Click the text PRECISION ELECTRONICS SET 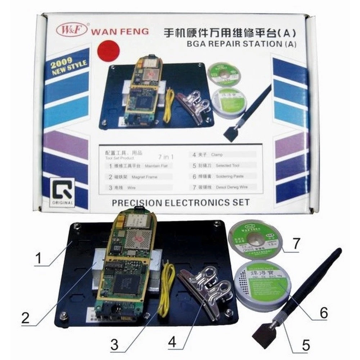click(180, 202)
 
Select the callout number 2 click(25, 318)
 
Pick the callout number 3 click(114, 345)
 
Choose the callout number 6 click(321, 312)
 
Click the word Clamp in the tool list click(217, 154)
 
